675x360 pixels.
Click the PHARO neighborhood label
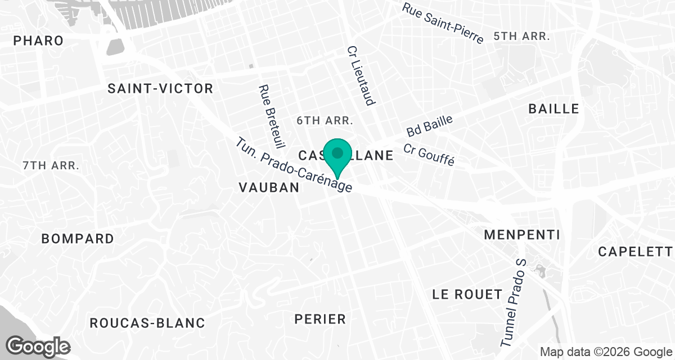pyautogui.click(x=38, y=41)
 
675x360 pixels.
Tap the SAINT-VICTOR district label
pyautogui.click(x=160, y=88)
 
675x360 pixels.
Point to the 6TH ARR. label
pyautogui.click(x=325, y=120)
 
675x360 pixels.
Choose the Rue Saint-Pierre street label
pyautogui.click(x=443, y=23)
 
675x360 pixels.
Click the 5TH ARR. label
pyautogui.click(x=521, y=36)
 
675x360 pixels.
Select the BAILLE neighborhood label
pyautogui.click(x=553, y=109)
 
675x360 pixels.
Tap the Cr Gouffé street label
pyautogui.click(x=429, y=155)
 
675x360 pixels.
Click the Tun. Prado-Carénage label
pyautogui.click(x=295, y=166)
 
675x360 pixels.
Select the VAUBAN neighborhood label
pyautogui.click(x=269, y=188)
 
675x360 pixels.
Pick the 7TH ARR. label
pyautogui.click(x=51, y=166)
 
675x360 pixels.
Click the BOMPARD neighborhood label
pyautogui.click(x=78, y=238)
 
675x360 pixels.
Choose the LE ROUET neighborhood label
pyautogui.click(x=467, y=294)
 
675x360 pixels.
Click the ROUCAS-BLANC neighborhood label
pyautogui.click(x=147, y=323)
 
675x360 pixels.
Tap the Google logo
pyautogui.click(x=38, y=346)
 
